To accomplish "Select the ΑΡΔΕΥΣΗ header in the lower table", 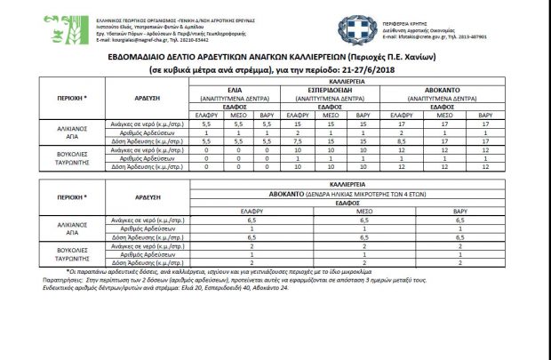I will tap(140, 193).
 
